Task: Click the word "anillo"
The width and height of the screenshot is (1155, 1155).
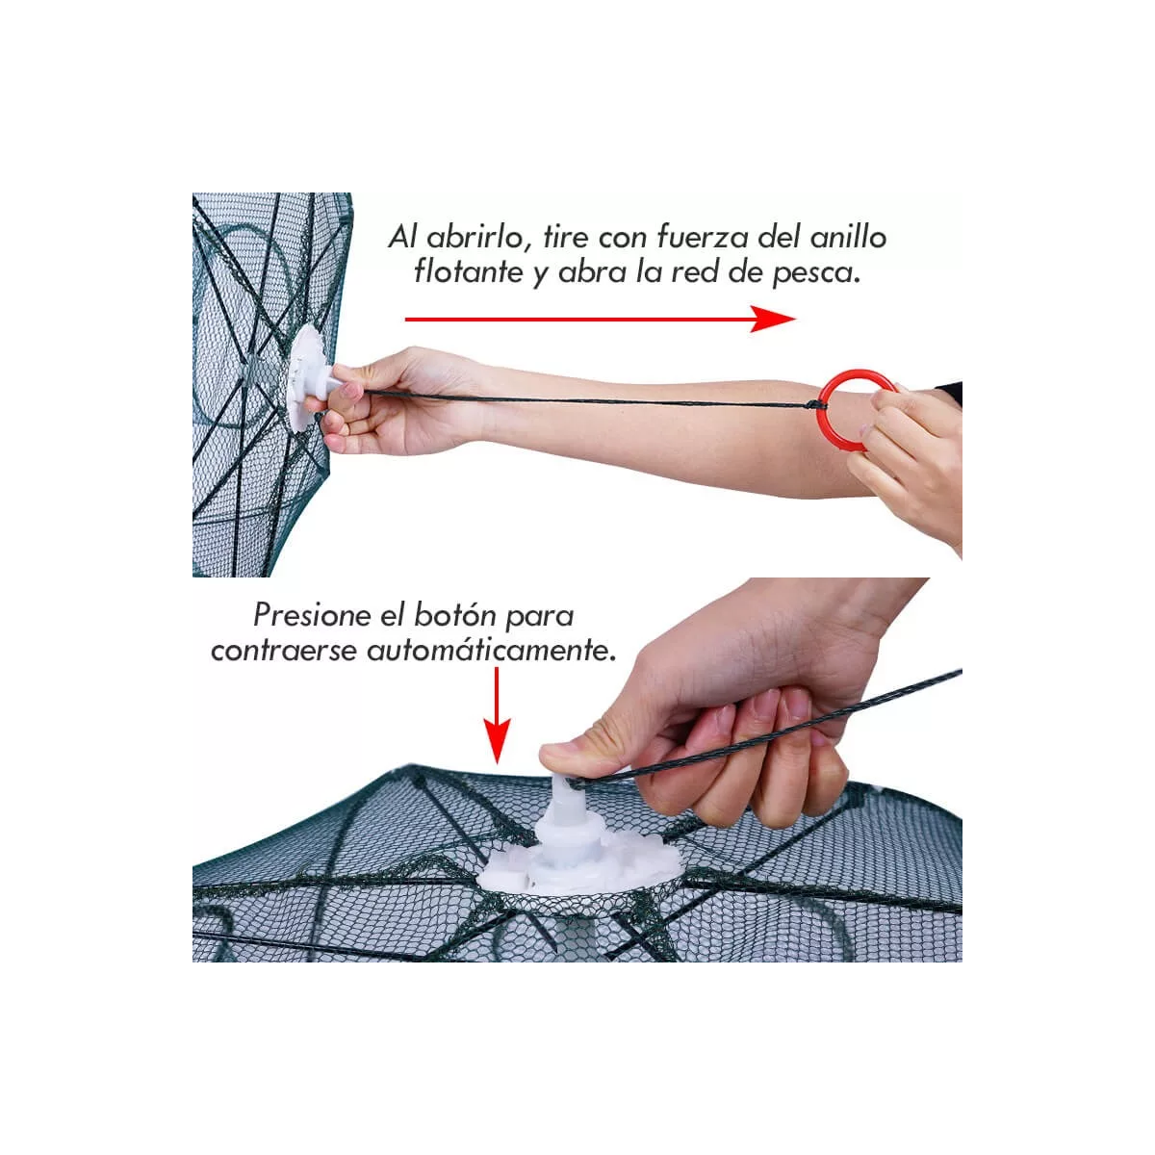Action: pos(848,238)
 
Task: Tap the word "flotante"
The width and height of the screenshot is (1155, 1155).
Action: pos(469,272)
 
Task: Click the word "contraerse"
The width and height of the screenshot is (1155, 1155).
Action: pos(284,651)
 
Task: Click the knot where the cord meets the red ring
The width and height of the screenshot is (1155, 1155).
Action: pos(815,405)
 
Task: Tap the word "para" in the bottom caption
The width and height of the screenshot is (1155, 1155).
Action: pos(539,617)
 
